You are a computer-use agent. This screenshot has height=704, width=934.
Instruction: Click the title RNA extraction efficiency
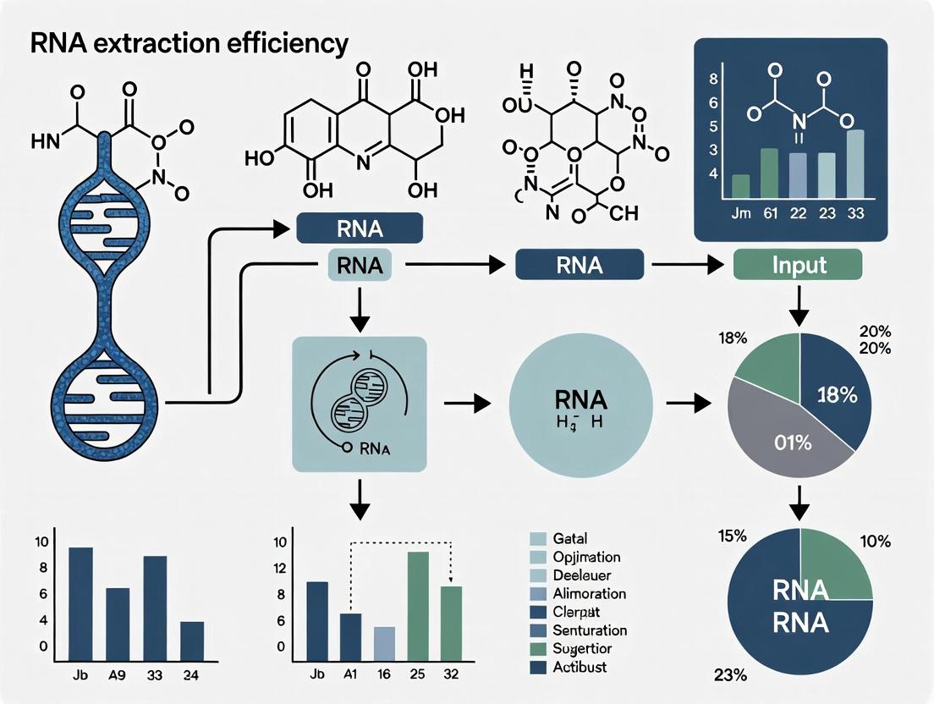[179, 43]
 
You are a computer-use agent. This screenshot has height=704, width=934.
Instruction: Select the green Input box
[799, 265]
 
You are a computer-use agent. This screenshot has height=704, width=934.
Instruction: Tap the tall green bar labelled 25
[418, 606]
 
